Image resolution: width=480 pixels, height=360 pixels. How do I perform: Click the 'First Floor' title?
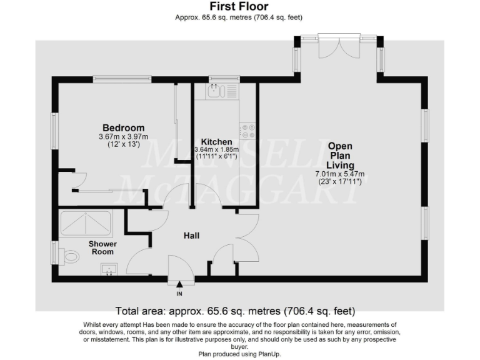click(239, 7)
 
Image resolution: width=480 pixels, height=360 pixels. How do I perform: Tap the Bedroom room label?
click(123, 128)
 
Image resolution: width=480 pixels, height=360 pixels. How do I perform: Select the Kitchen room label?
click(216, 142)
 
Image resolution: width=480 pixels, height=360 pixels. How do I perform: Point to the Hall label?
click(191, 236)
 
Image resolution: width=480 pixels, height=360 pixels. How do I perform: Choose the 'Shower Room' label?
click(101, 247)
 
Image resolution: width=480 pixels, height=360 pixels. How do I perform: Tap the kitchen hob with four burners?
click(248, 131)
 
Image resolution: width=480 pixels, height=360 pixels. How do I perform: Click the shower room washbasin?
click(109, 270)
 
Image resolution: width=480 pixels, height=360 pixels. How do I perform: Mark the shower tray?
click(85, 222)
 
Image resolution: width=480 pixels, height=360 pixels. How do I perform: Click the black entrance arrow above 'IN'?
click(179, 285)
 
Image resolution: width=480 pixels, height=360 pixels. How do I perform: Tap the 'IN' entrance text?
click(179, 293)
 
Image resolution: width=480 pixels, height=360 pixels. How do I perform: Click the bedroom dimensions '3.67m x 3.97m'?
click(123, 137)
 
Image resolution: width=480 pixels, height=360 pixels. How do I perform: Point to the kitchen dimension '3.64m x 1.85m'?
click(217, 150)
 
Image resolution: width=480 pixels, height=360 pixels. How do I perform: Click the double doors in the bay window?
click(338, 47)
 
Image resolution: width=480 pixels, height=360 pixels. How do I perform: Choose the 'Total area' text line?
click(235, 311)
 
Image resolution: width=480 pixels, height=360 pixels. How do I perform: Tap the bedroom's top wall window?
click(122, 79)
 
